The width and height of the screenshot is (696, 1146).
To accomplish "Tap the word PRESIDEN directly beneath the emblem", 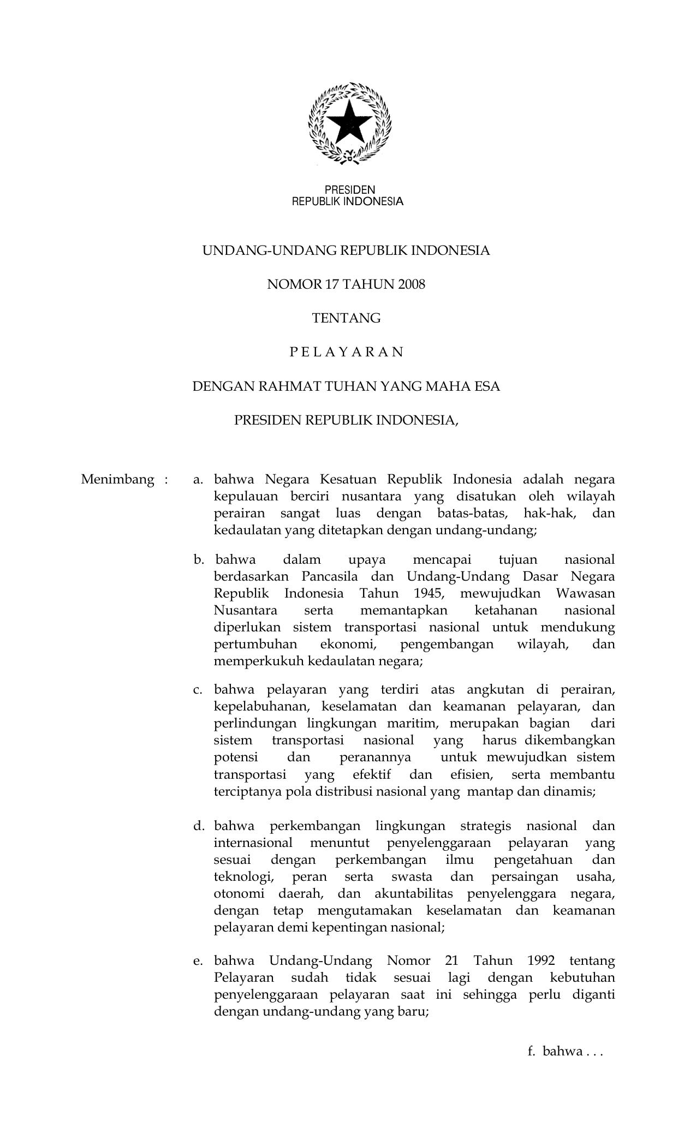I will coord(350,190).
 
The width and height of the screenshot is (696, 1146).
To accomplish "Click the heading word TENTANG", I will coord(346,318).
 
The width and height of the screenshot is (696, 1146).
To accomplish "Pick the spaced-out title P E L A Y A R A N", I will coord(346,352).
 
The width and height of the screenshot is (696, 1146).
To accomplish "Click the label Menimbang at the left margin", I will coord(117,480).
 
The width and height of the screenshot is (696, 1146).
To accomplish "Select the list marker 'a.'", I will coord(198,480).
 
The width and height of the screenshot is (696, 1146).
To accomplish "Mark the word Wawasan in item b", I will coord(585,593).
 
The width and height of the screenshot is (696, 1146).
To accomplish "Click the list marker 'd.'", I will coord(198,826).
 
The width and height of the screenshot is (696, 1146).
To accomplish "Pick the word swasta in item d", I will coord(412,877).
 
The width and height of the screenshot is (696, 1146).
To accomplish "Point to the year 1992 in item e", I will coord(542,960).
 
